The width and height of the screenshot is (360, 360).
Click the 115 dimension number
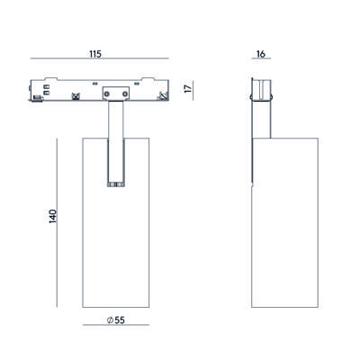95,54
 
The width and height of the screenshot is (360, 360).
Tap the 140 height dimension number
53,216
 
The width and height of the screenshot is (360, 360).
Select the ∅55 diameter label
115,320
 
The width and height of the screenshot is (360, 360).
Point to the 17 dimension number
188,89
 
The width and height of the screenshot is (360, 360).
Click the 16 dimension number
261,54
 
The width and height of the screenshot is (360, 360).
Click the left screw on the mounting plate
106,94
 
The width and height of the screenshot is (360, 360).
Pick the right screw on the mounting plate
125,94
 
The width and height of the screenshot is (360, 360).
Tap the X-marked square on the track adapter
75,97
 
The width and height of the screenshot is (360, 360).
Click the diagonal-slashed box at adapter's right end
163,96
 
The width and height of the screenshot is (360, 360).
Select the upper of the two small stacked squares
47,87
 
